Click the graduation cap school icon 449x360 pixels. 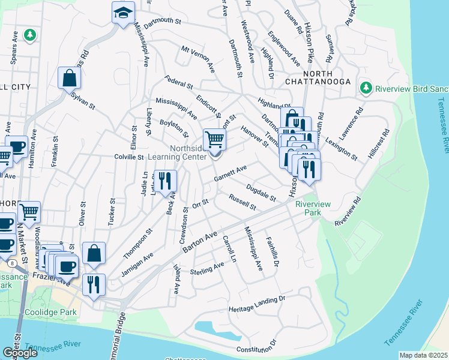pos(122,12)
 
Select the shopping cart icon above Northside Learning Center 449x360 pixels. pos(214,140)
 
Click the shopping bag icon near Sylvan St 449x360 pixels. pos(70,77)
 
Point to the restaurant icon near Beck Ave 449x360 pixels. pos(165,180)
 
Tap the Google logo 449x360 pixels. pos(20,353)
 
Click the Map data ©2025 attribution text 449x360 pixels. pos(423,355)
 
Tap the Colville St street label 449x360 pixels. pos(128,157)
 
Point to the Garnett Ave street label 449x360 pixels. pos(231,174)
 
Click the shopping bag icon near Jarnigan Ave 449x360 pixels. pos(94,253)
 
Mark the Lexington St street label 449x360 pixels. pos(341,148)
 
